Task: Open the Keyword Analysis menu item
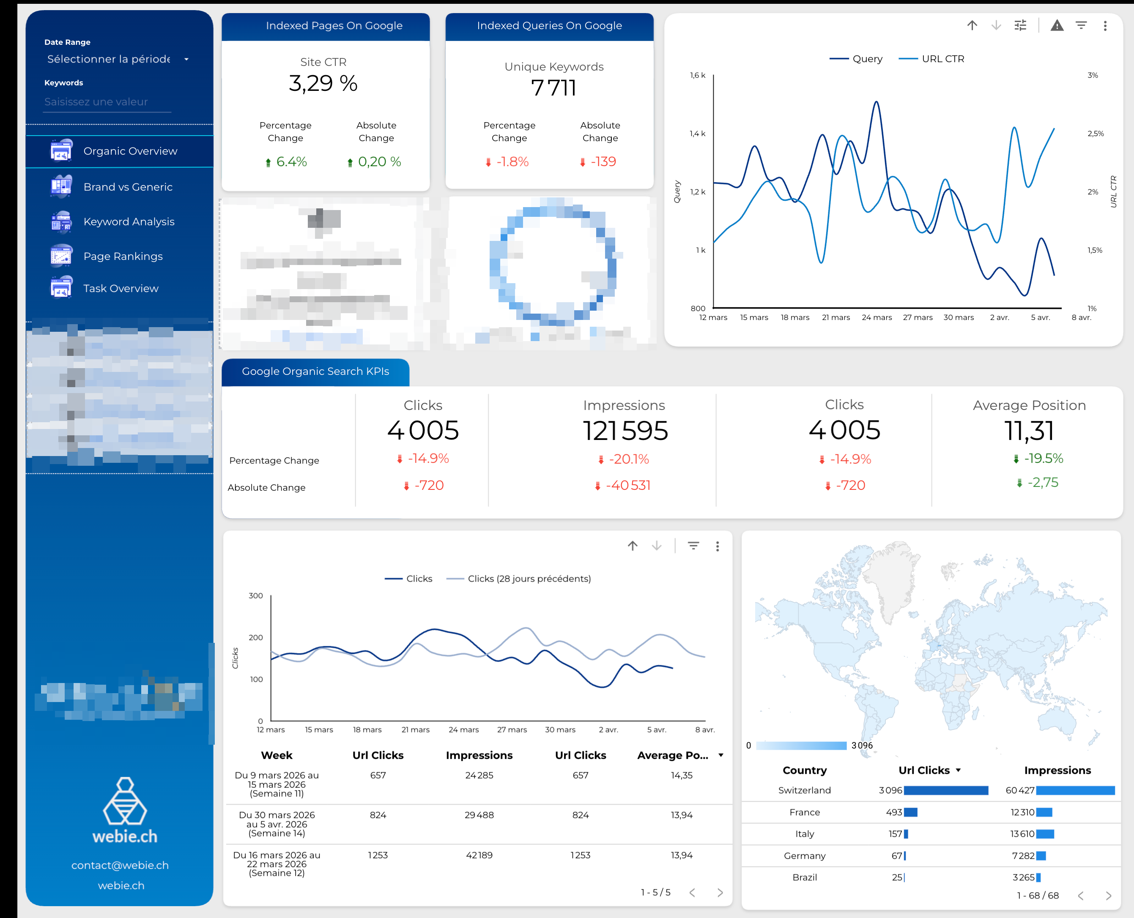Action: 129,221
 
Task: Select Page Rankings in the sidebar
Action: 123,257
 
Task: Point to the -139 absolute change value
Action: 603,162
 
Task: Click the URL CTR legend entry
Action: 942,59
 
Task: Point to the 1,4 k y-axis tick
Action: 697,134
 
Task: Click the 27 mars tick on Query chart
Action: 918,317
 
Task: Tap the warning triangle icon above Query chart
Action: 1057,25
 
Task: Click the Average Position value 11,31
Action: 1029,430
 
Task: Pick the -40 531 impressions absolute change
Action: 628,486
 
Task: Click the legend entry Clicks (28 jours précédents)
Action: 529,579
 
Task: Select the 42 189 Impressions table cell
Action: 479,855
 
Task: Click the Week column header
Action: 276,755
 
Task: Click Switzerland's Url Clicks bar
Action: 946,790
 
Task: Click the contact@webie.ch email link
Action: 120,865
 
